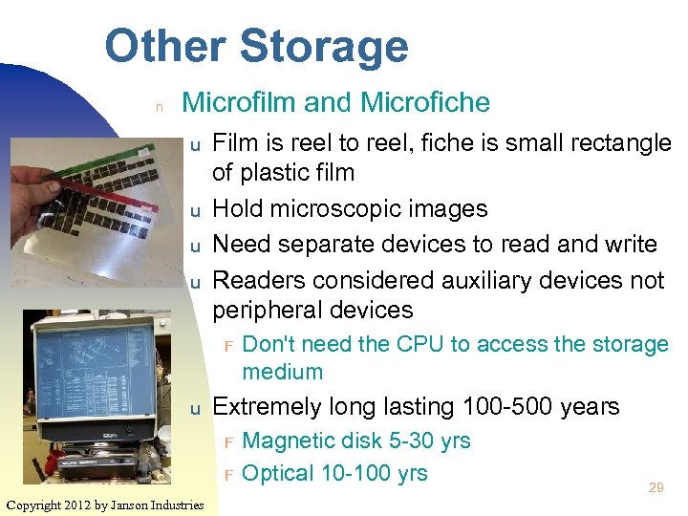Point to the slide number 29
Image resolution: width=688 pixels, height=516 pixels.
click(x=656, y=487)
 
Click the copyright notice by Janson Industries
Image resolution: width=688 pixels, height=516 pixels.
click(x=104, y=505)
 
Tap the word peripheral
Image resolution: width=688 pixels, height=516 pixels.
click(x=263, y=311)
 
